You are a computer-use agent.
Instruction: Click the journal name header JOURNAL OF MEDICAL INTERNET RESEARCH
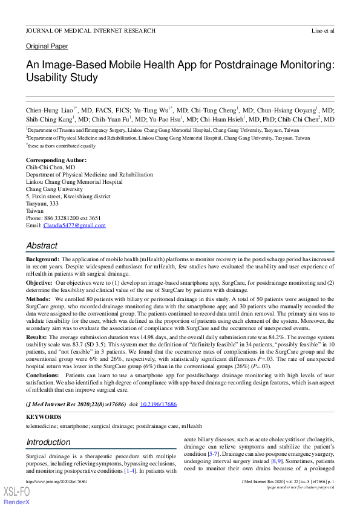[90, 30]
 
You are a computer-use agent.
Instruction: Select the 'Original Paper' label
[47, 47]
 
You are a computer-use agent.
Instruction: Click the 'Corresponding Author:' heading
[56, 160]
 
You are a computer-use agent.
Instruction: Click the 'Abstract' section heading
[42, 246]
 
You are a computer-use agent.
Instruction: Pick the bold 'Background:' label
[42, 259]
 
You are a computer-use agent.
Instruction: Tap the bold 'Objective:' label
[39, 282]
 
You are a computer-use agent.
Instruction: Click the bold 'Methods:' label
[38, 299]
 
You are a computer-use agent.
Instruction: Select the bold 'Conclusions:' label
[43, 376]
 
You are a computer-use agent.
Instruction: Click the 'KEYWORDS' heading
[44, 417]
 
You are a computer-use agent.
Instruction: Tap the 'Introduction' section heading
[48, 443]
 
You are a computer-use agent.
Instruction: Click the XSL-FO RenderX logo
[18, 494]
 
